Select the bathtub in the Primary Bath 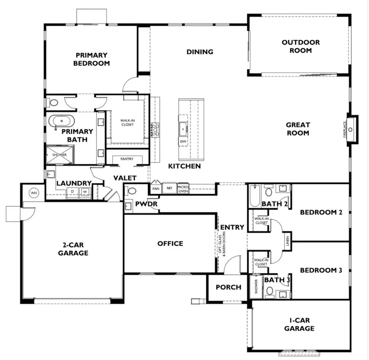click(x=62, y=122)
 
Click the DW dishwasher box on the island click(x=183, y=142)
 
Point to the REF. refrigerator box click(x=169, y=188)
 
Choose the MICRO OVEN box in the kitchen click(x=183, y=188)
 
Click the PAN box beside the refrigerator click(x=156, y=188)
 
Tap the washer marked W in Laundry click(x=85, y=192)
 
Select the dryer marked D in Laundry click(x=73, y=192)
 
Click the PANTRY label click(x=127, y=159)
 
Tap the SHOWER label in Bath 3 click(x=256, y=286)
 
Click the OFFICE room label click(x=170, y=243)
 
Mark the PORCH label click(x=228, y=287)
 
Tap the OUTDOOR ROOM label click(x=301, y=46)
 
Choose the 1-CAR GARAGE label click(x=300, y=324)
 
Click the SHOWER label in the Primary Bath click(x=59, y=155)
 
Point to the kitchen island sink click(x=182, y=127)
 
